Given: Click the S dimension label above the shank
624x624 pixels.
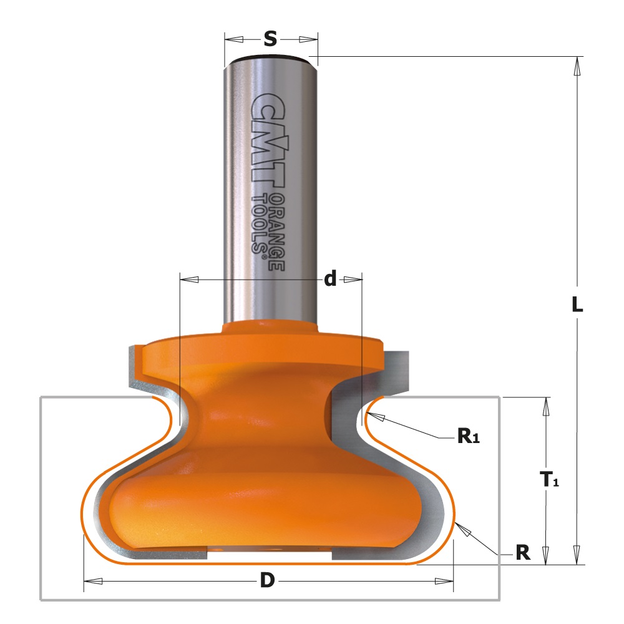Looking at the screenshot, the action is [x=270, y=39].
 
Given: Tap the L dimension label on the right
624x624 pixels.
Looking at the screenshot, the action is [x=577, y=305].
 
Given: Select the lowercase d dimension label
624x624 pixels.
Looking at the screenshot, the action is [x=330, y=278].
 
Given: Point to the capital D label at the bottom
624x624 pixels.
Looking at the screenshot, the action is [x=268, y=580].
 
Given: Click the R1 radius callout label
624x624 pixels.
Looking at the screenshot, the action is [x=469, y=436].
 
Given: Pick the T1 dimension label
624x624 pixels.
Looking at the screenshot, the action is [x=549, y=479].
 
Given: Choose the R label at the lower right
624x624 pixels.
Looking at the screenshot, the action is [x=523, y=552].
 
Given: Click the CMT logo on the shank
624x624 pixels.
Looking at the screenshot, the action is [x=268, y=140].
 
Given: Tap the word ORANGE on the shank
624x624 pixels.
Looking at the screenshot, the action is [x=276, y=233].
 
